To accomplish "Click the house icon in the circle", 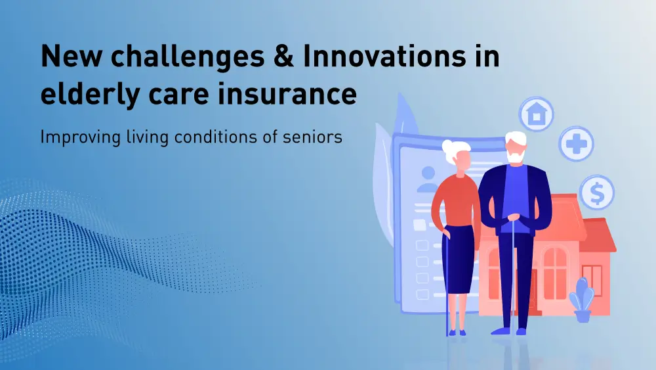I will click(x=537, y=114).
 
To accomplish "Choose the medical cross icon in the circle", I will click(x=576, y=143).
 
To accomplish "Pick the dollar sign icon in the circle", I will click(x=596, y=192).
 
